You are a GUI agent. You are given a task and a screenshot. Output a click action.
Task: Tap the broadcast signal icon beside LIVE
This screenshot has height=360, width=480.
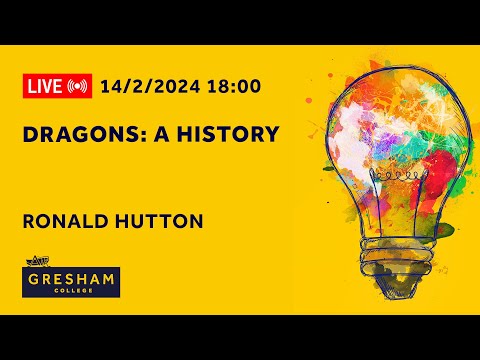[x=78, y=86]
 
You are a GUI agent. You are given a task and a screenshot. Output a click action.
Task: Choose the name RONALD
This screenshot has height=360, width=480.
[x=61, y=221]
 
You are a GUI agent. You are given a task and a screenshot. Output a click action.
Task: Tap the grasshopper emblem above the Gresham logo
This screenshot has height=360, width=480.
[x=35, y=263]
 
